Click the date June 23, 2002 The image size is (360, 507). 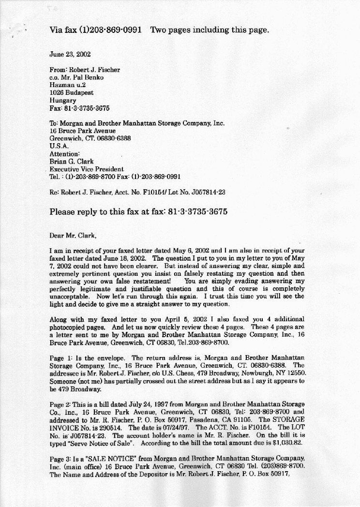click(x=70, y=55)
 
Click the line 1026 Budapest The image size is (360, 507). click(x=72, y=92)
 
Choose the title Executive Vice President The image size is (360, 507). click(x=88, y=169)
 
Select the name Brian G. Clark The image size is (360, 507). click(x=72, y=161)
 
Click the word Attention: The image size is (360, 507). click(x=65, y=153)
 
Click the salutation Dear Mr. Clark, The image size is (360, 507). click(x=73, y=236)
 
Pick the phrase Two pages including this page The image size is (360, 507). click(x=210, y=30)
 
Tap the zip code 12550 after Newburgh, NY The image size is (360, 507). click(x=296, y=373)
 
